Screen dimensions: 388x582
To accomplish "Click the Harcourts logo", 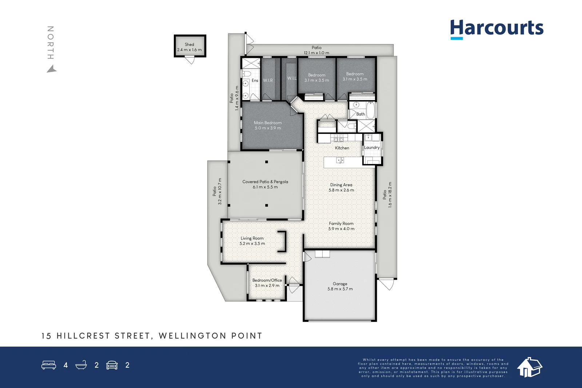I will tap(497, 28).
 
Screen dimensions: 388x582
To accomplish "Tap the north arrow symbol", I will tap(52, 69).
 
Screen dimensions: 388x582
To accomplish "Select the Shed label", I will tap(190, 44).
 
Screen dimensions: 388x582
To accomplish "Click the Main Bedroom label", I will tap(268, 123).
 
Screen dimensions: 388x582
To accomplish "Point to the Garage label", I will tap(340, 284).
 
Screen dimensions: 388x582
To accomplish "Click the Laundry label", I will tap(372, 148).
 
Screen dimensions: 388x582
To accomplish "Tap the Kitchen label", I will tap(342, 148).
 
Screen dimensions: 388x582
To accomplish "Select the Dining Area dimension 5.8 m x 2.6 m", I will tap(341, 190).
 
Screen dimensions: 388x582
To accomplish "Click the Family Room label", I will tap(341, 224).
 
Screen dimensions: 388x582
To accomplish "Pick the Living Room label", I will tap(252, 239).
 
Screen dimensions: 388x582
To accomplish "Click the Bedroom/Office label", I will tap(267, 280).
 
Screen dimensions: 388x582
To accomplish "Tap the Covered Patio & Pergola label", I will tap(265, 182).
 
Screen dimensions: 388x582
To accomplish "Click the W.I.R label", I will tap(268, 80).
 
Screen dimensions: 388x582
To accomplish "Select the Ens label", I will tap(255, 81).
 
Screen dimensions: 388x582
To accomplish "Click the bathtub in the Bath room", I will tap(370, 110).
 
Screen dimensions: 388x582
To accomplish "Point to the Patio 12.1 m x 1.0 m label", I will tap(316, 48).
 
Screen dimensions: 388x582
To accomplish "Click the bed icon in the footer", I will tap(49, 365).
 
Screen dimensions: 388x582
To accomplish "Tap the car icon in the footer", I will tap(112, 365).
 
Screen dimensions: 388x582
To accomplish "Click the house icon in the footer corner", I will tap(530, 367).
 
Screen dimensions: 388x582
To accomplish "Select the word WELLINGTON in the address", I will tap(192, 336).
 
